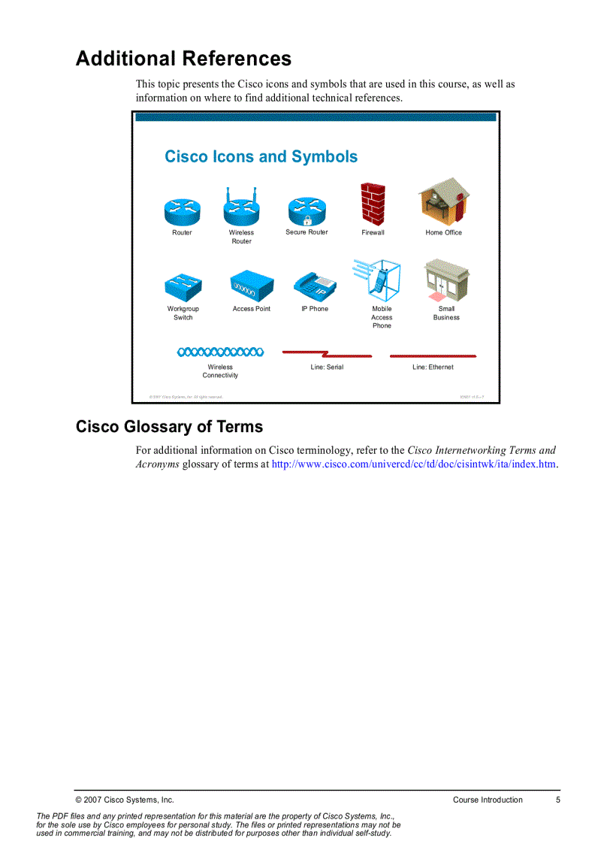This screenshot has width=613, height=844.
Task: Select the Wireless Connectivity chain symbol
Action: click(x=220, y=351)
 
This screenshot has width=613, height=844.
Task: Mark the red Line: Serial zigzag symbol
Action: click(x=327, y=352)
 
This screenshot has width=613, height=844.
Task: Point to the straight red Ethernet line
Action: click(x=433, y=354)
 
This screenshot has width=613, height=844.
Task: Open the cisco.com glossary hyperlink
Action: click(x=414, y=464)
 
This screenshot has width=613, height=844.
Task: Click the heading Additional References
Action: click(x=183, y=59)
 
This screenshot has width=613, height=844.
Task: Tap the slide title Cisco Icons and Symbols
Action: click(x=261, y=157)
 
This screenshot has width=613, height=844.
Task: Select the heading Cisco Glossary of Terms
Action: click(x=169, y=427)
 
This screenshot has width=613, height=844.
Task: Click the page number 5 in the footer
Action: click(x=558, y=800)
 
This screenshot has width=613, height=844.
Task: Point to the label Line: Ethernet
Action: click(x=433, y=368)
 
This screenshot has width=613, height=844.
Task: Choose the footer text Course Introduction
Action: click(x=488, y=800)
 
